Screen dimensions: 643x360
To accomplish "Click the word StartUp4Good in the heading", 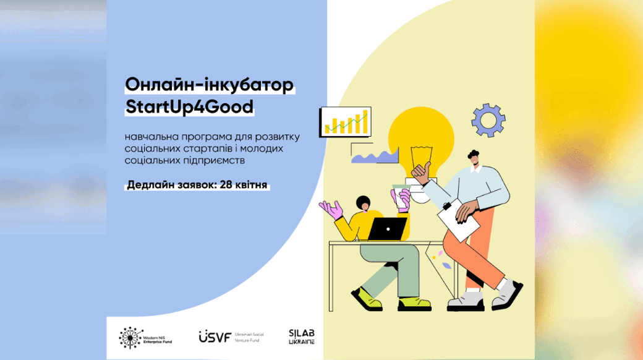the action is point(189,107).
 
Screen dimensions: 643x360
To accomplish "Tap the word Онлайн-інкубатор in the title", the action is point(210,85).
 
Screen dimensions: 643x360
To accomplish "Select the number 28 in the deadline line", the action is point(226,185).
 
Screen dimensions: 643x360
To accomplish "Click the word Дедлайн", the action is point(150,185).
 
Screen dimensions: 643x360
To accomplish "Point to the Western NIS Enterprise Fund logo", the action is point(145,338).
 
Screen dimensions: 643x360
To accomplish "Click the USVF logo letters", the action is point(215,337).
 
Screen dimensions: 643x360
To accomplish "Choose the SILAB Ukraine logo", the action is point(302,336).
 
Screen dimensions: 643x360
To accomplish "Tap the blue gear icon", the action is point(488,120).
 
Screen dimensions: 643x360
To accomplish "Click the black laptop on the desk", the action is point(387,229).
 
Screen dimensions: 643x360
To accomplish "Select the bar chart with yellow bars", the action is point(345,122).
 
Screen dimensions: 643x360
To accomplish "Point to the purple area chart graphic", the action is point(375,156).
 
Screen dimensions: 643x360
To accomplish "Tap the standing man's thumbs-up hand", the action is point(421,173).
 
